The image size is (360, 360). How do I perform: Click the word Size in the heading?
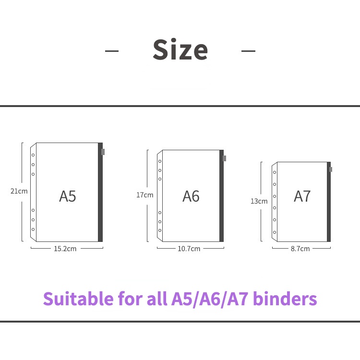tap(180, 50)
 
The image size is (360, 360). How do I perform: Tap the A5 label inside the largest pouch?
tap(68, 196)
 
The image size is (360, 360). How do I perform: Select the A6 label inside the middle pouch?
tap(191, 196)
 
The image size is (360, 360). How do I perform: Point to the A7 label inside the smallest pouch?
tap(302, 196)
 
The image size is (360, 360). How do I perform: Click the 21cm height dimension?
tap(19, 191)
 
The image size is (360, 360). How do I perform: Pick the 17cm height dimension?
tap(144, 195)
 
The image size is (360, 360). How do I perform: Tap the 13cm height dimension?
tap(259, 201)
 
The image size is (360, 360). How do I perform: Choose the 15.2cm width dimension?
tap(65, 249)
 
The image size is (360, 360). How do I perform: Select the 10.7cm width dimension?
tap(189, 249)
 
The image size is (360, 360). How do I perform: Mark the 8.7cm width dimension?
tap(300, 249)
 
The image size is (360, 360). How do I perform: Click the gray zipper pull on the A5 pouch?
tap(103, 152)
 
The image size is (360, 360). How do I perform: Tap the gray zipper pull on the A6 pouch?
tap(225, 158)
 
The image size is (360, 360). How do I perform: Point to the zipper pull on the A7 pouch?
tap(331, 169)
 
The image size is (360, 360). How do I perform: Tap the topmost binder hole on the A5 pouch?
tap(33, 155)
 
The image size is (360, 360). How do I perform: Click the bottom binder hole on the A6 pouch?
tap(160, 230)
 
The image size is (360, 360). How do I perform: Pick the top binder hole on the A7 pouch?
tap(275, 172)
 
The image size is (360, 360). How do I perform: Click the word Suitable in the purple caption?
tap(78, 299)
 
